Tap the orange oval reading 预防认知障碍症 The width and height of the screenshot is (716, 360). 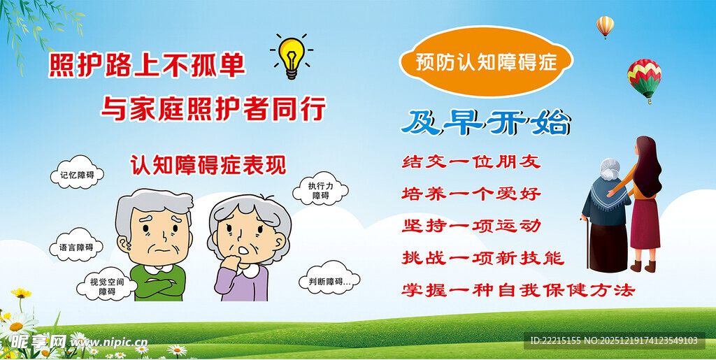(x=485, y=62)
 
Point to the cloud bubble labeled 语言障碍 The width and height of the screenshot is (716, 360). (x=76, y=247)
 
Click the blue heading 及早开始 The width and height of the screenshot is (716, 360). (x=485, y=122)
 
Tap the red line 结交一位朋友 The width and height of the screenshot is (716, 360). (x=471, y=161)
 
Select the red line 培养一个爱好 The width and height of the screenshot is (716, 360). (x=471, y=193)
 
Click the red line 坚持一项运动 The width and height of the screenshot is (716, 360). (x=471, y=225)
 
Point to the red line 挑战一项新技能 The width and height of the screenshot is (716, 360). (x=482, y=257)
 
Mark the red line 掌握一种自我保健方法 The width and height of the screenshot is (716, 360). (x=517, y=289)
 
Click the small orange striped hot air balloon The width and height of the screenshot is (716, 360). (x=605, y=26)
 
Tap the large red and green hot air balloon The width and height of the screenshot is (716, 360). (x=644, y=77)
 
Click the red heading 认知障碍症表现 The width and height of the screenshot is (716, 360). (x=208, y=164)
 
